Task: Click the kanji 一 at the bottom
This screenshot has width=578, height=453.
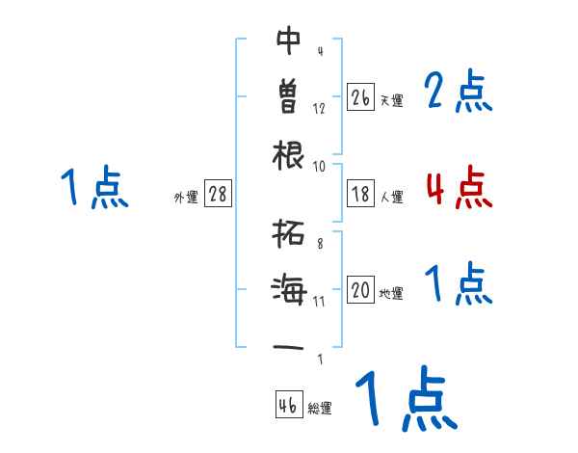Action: coord(289,346)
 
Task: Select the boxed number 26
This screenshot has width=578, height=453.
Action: coord(360,97)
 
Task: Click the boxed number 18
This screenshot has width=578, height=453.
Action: coord(360,194)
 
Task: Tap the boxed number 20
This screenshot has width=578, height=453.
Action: coord(360,290)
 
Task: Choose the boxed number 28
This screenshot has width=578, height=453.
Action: coord(218,194)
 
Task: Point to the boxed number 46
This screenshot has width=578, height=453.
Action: coord(287,405)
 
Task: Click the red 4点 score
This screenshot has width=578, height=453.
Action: coord(459,188)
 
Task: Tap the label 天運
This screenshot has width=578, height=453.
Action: coord(391,100)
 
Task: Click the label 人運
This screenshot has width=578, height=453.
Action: coord(391,197)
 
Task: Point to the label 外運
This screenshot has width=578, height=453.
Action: coord(186,197)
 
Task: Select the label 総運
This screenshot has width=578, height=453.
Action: coord(320,408)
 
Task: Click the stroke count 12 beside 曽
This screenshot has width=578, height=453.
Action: coord(319,108)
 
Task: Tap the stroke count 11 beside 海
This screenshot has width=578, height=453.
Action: coord(319,301)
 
